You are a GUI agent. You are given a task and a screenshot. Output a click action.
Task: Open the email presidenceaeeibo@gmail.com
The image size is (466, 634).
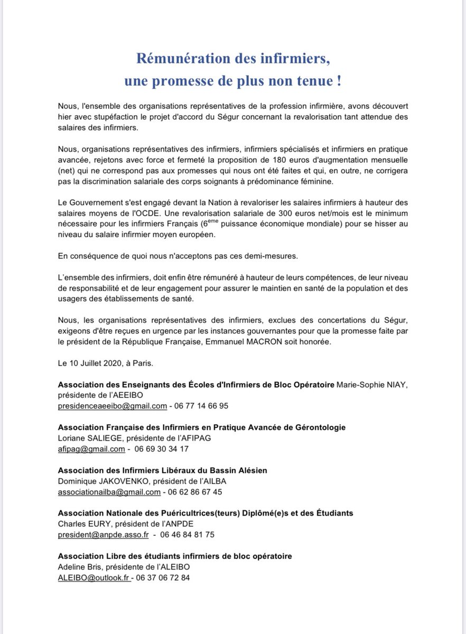click(112, 406)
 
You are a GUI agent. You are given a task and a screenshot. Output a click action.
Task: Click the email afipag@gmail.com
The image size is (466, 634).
click(91, 449)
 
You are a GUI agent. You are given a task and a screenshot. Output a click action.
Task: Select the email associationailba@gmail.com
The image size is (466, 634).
click(109, 492)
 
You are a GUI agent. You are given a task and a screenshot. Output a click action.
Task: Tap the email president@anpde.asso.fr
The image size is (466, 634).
click(103, 535)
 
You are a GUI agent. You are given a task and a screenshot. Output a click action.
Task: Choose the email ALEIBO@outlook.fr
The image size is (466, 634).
click(94, 577)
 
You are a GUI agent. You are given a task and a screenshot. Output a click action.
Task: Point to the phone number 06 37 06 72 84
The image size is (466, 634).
click(164, 577)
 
